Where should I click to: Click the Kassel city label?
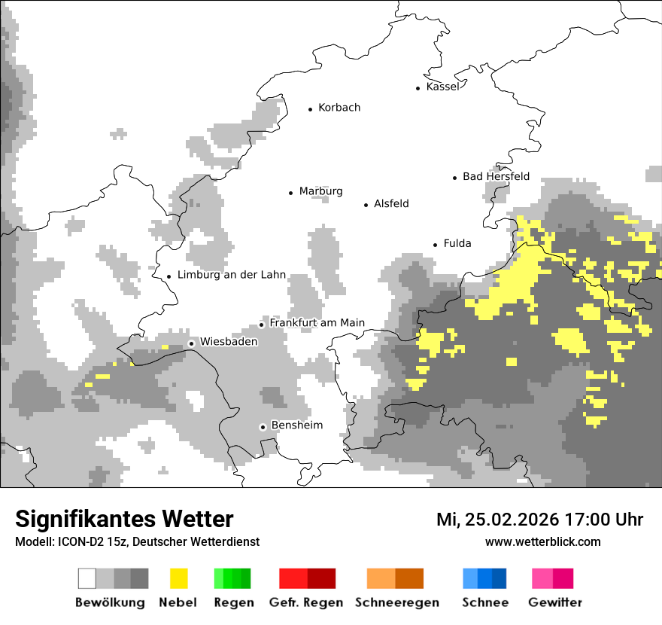click(442, 87)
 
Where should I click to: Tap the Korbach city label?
click(339, 108)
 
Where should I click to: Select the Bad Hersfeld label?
click(496, 176)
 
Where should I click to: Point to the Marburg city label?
click(320, 191)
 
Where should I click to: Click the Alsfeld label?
click(391, 203)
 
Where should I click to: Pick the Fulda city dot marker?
click(435, 245)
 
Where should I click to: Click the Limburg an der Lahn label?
click(232, 275)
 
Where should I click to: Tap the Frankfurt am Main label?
click(317, 323)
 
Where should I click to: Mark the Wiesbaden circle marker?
click(192, 343)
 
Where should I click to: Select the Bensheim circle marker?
click(263, 427)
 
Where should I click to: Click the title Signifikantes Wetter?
click(124, 520)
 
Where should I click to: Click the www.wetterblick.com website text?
click(542, 541)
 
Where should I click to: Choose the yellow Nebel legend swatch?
click(178, 578)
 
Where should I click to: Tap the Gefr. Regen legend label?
click(306, 602)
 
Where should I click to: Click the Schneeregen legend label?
click(397, 602)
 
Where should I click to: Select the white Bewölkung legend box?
click(87, 578)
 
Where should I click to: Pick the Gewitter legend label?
click(555, 602)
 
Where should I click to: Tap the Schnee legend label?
click(485, 602)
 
